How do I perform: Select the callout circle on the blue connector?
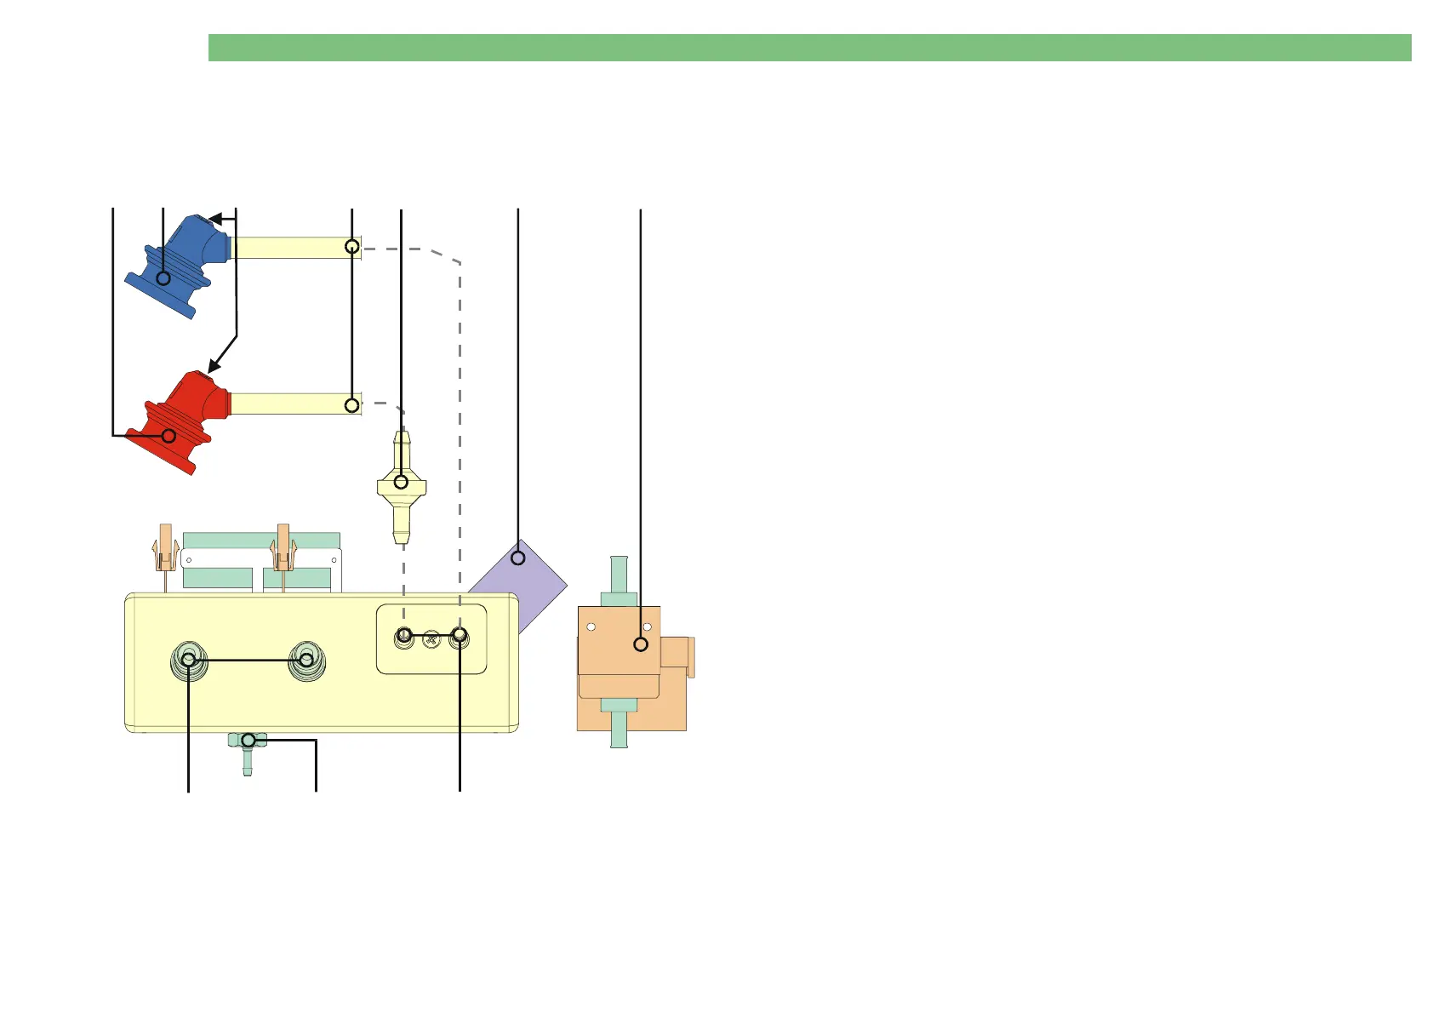tap(163, 278)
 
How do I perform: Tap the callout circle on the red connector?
tap(168, 436)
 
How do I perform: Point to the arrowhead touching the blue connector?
tap(215, 220)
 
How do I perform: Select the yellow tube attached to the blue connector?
tap(294, 248)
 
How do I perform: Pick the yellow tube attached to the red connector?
tap(294, 404)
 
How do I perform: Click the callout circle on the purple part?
tap(518, 558)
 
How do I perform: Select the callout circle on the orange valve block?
tap(641, 644)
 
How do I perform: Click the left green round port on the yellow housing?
tap(189, 661)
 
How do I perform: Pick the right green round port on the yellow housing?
tap(306, 661)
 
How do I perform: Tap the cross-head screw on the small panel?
tap(431, 638)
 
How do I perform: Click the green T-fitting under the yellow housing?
tap(248, 744)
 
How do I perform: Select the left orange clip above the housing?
tap(165, 549)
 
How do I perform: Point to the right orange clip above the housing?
tap(283, 549)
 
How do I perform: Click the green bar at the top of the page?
tap(808, 48)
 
